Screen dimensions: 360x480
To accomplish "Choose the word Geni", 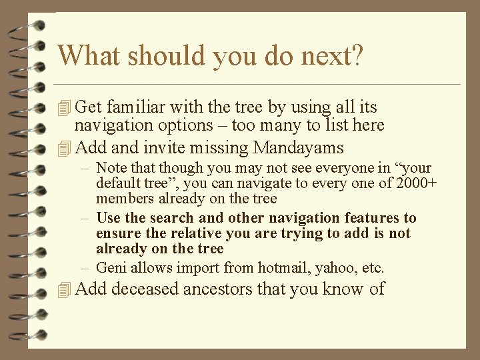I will point(110,268).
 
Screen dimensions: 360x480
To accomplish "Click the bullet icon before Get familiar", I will point(64,107).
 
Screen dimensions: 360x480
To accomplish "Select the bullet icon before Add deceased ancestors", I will point(64,289).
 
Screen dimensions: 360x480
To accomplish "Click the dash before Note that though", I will point(87,168).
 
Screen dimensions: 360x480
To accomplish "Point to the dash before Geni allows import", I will point(87,268).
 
